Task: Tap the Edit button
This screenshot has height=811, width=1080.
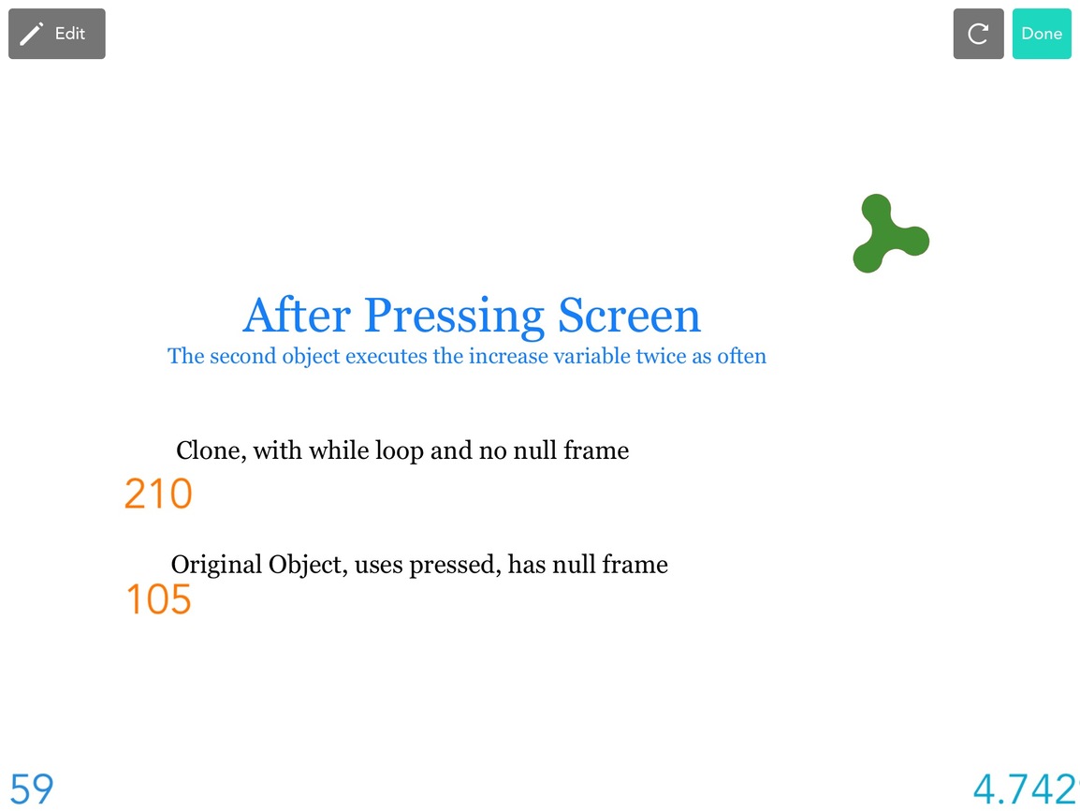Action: [56, 34]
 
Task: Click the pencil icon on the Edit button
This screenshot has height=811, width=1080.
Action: [31, 34]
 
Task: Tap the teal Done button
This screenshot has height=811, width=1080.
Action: [1042, 34]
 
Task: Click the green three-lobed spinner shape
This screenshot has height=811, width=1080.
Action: [890, 233]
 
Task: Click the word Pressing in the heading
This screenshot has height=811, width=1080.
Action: [455, 317]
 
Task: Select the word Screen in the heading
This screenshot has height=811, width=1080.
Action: [629, 316]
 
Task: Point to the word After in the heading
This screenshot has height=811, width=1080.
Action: [297, 316]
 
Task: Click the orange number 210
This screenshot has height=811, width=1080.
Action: [158, 494]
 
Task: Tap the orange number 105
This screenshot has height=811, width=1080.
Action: [158, 598]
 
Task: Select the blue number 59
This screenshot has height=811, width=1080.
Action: [32, 789]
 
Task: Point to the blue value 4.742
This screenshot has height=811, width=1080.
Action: [1025, 789]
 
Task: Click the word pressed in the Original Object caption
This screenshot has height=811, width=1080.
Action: [455, 565]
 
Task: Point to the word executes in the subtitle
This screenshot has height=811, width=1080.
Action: [387, 356]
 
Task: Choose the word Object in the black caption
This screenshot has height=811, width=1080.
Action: [308, 565]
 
